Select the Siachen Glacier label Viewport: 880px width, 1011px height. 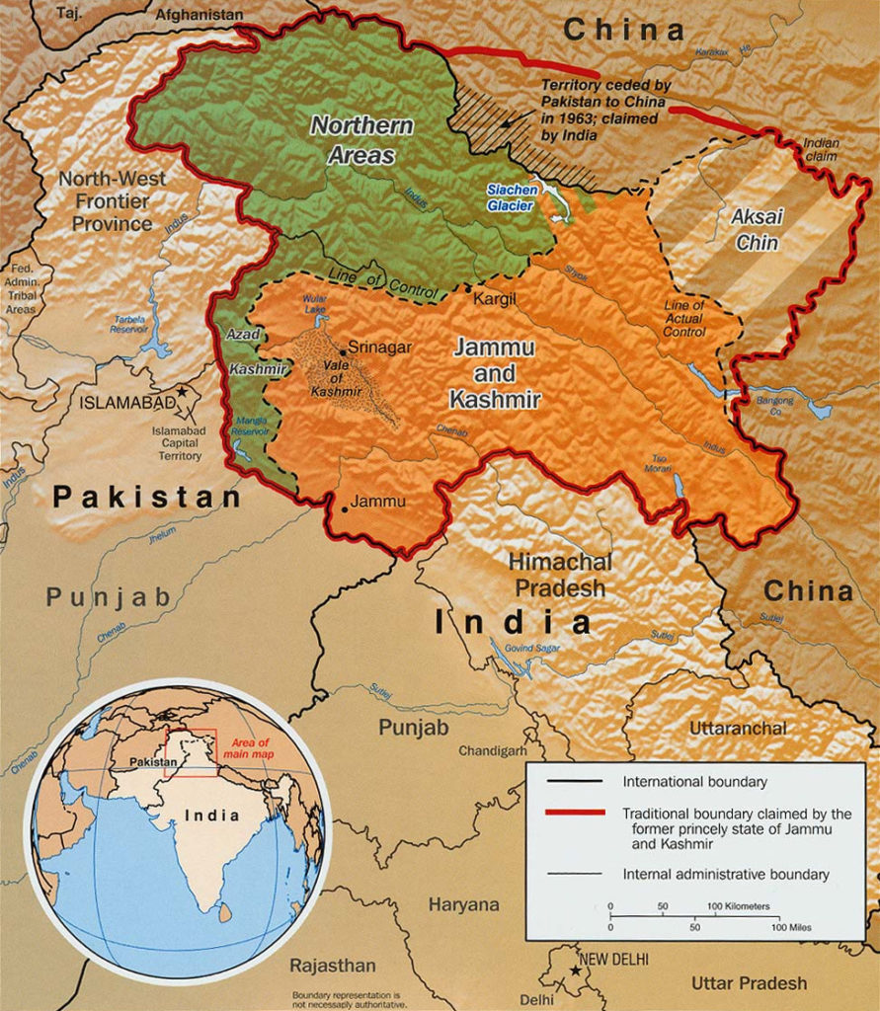(x=511, y=197)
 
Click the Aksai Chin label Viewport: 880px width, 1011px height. (x=756, y=229)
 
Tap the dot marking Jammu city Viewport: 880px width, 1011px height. (x=345, y=509)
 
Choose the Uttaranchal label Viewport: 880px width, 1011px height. (x=739, y=729)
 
